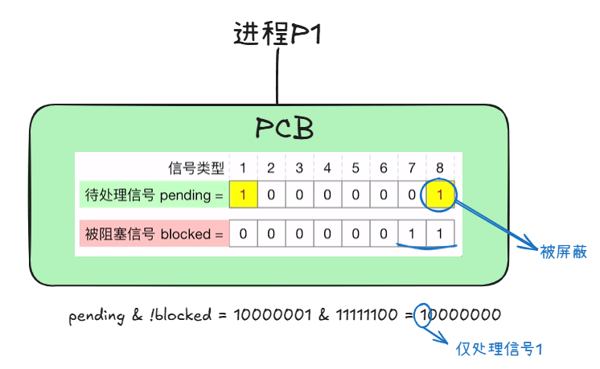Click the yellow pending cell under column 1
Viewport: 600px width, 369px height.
point(243,195)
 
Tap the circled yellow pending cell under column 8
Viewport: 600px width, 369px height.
point(440,195)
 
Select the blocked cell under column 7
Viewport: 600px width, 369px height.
point(412,234)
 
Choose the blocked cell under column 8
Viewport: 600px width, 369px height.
point(440,234)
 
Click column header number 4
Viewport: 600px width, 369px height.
point(327,168)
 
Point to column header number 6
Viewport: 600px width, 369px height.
point(384,168)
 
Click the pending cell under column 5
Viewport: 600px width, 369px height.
point(355,195)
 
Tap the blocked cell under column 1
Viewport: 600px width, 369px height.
point(243,234)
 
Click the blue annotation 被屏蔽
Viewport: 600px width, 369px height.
point(563,252)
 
